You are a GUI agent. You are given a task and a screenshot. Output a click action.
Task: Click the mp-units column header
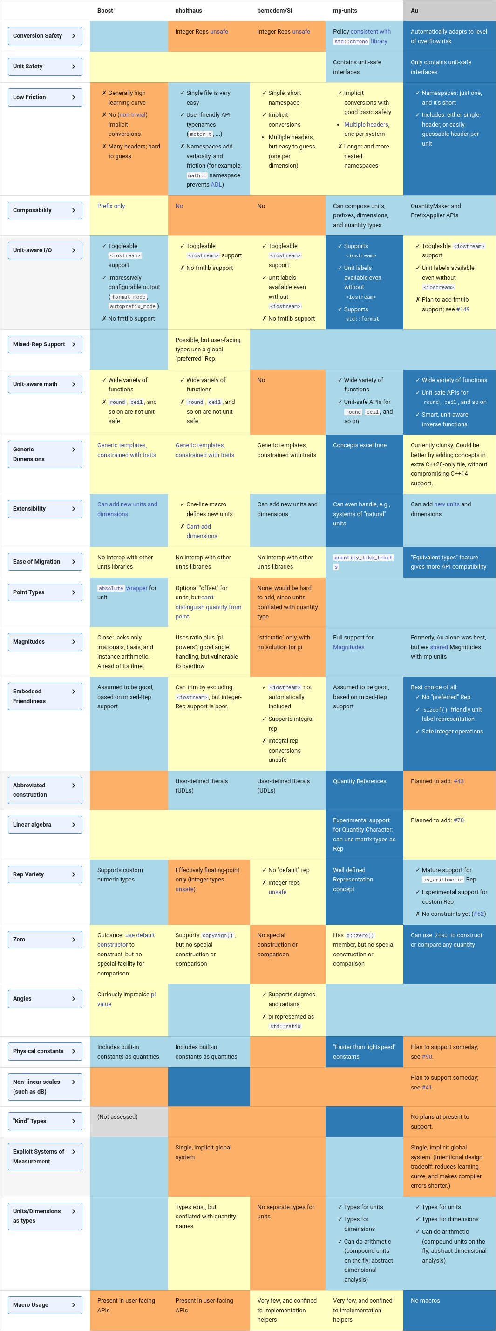click(345, 10)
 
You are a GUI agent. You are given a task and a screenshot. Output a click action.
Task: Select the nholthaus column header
click(188, 10)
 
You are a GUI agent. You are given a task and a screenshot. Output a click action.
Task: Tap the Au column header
click(414, 10)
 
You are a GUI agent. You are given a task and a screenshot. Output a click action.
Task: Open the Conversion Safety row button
click(45, 36)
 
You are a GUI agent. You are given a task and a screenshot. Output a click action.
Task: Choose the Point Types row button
click(45, 592)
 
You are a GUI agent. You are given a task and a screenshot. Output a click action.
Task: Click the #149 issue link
click(463, 309)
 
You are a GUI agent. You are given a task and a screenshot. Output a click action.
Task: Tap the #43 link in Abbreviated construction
click(458, 781)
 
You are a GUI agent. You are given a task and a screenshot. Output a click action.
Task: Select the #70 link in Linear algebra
click(458, 820)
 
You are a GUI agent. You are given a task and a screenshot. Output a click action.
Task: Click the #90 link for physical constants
click(427, 1056)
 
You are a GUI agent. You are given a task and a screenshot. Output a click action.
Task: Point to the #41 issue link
click(427, 1087)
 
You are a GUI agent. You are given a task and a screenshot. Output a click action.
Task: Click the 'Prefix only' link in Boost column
click(111, 206)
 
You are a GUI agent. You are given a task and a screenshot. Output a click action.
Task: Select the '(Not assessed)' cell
click(117, 1116)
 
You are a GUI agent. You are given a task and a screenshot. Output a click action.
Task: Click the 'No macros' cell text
click(425, 1300)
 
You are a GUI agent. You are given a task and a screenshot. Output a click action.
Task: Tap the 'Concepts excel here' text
click(360, 445)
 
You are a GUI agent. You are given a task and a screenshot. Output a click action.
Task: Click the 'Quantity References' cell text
click(360, 781)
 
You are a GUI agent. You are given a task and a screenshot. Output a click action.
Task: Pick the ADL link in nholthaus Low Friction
click(216, 184)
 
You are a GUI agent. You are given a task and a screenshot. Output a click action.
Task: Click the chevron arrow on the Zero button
click(74, 939)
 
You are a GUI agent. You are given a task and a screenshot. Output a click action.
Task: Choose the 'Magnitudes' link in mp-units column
click(348, 647)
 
